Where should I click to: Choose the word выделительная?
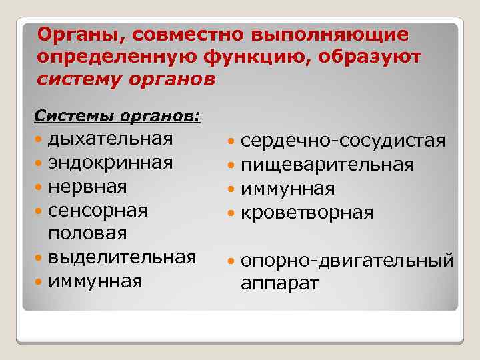(x=122, y=257)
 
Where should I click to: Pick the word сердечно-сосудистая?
(x=343, y=141)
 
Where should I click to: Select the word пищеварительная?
(x=327, y=165)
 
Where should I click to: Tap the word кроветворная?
(x=307, y=213)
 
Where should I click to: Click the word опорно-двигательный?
(x=347, y=260)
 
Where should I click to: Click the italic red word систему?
(x=79, y=80)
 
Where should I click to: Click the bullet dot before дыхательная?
(x=39, y=140)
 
